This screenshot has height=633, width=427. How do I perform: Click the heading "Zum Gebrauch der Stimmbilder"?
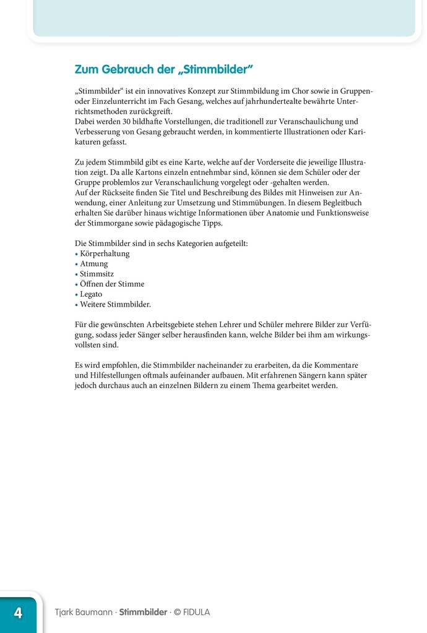pyautogui.click(x=164, y=69)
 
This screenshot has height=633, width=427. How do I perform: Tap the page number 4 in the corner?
pyautogui.click(x=18, y=613)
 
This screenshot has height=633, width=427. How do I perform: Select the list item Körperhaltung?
pyautogui.click(x=105, y=253)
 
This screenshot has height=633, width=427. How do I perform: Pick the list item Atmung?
pyautogui.click(x=93, y=264)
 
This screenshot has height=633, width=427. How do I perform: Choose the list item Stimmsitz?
pyautogui.click(x=97, y=274)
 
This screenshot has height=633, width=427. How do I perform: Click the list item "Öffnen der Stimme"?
pyautogui.click(x=112, y=284)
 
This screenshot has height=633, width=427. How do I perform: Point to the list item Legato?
pyautogui.click(x=91, y=294)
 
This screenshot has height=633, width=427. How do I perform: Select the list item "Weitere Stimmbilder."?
pyautogui.click(x=115, y=304)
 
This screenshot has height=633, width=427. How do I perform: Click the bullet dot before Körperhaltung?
pyautogui.click(x=76, y=254)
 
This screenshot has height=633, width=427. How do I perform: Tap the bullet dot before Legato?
pyautogui.click(x=76, y=295)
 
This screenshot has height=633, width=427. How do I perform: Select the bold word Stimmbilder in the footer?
pyautogui.click(x=143, y=613)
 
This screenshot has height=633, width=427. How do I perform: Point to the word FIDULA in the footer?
pyautogui.click(x=196, y=613)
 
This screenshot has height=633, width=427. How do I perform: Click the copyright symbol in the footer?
pyautogui.click(x=177, y=613)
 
